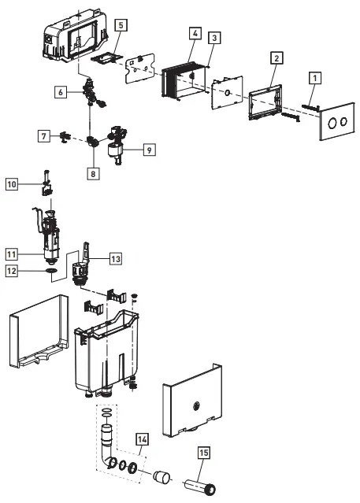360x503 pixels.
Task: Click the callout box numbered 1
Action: coord(314,78)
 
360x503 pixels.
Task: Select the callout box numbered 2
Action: coord(274,58)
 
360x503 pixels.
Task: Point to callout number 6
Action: coord(60,91)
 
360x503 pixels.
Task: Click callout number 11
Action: coord(11,254)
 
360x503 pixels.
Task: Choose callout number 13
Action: coord(116,258)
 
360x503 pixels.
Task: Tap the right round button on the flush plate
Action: coord(343,123)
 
